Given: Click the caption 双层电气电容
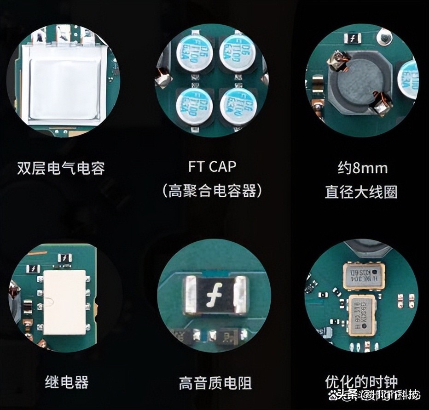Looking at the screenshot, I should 61,168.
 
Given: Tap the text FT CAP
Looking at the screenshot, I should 212,166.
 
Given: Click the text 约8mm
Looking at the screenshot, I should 362,168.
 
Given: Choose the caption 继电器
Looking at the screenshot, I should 67,382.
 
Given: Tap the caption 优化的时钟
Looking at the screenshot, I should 361,382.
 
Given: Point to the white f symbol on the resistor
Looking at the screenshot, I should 215,295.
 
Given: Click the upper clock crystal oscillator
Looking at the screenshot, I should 364,276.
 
